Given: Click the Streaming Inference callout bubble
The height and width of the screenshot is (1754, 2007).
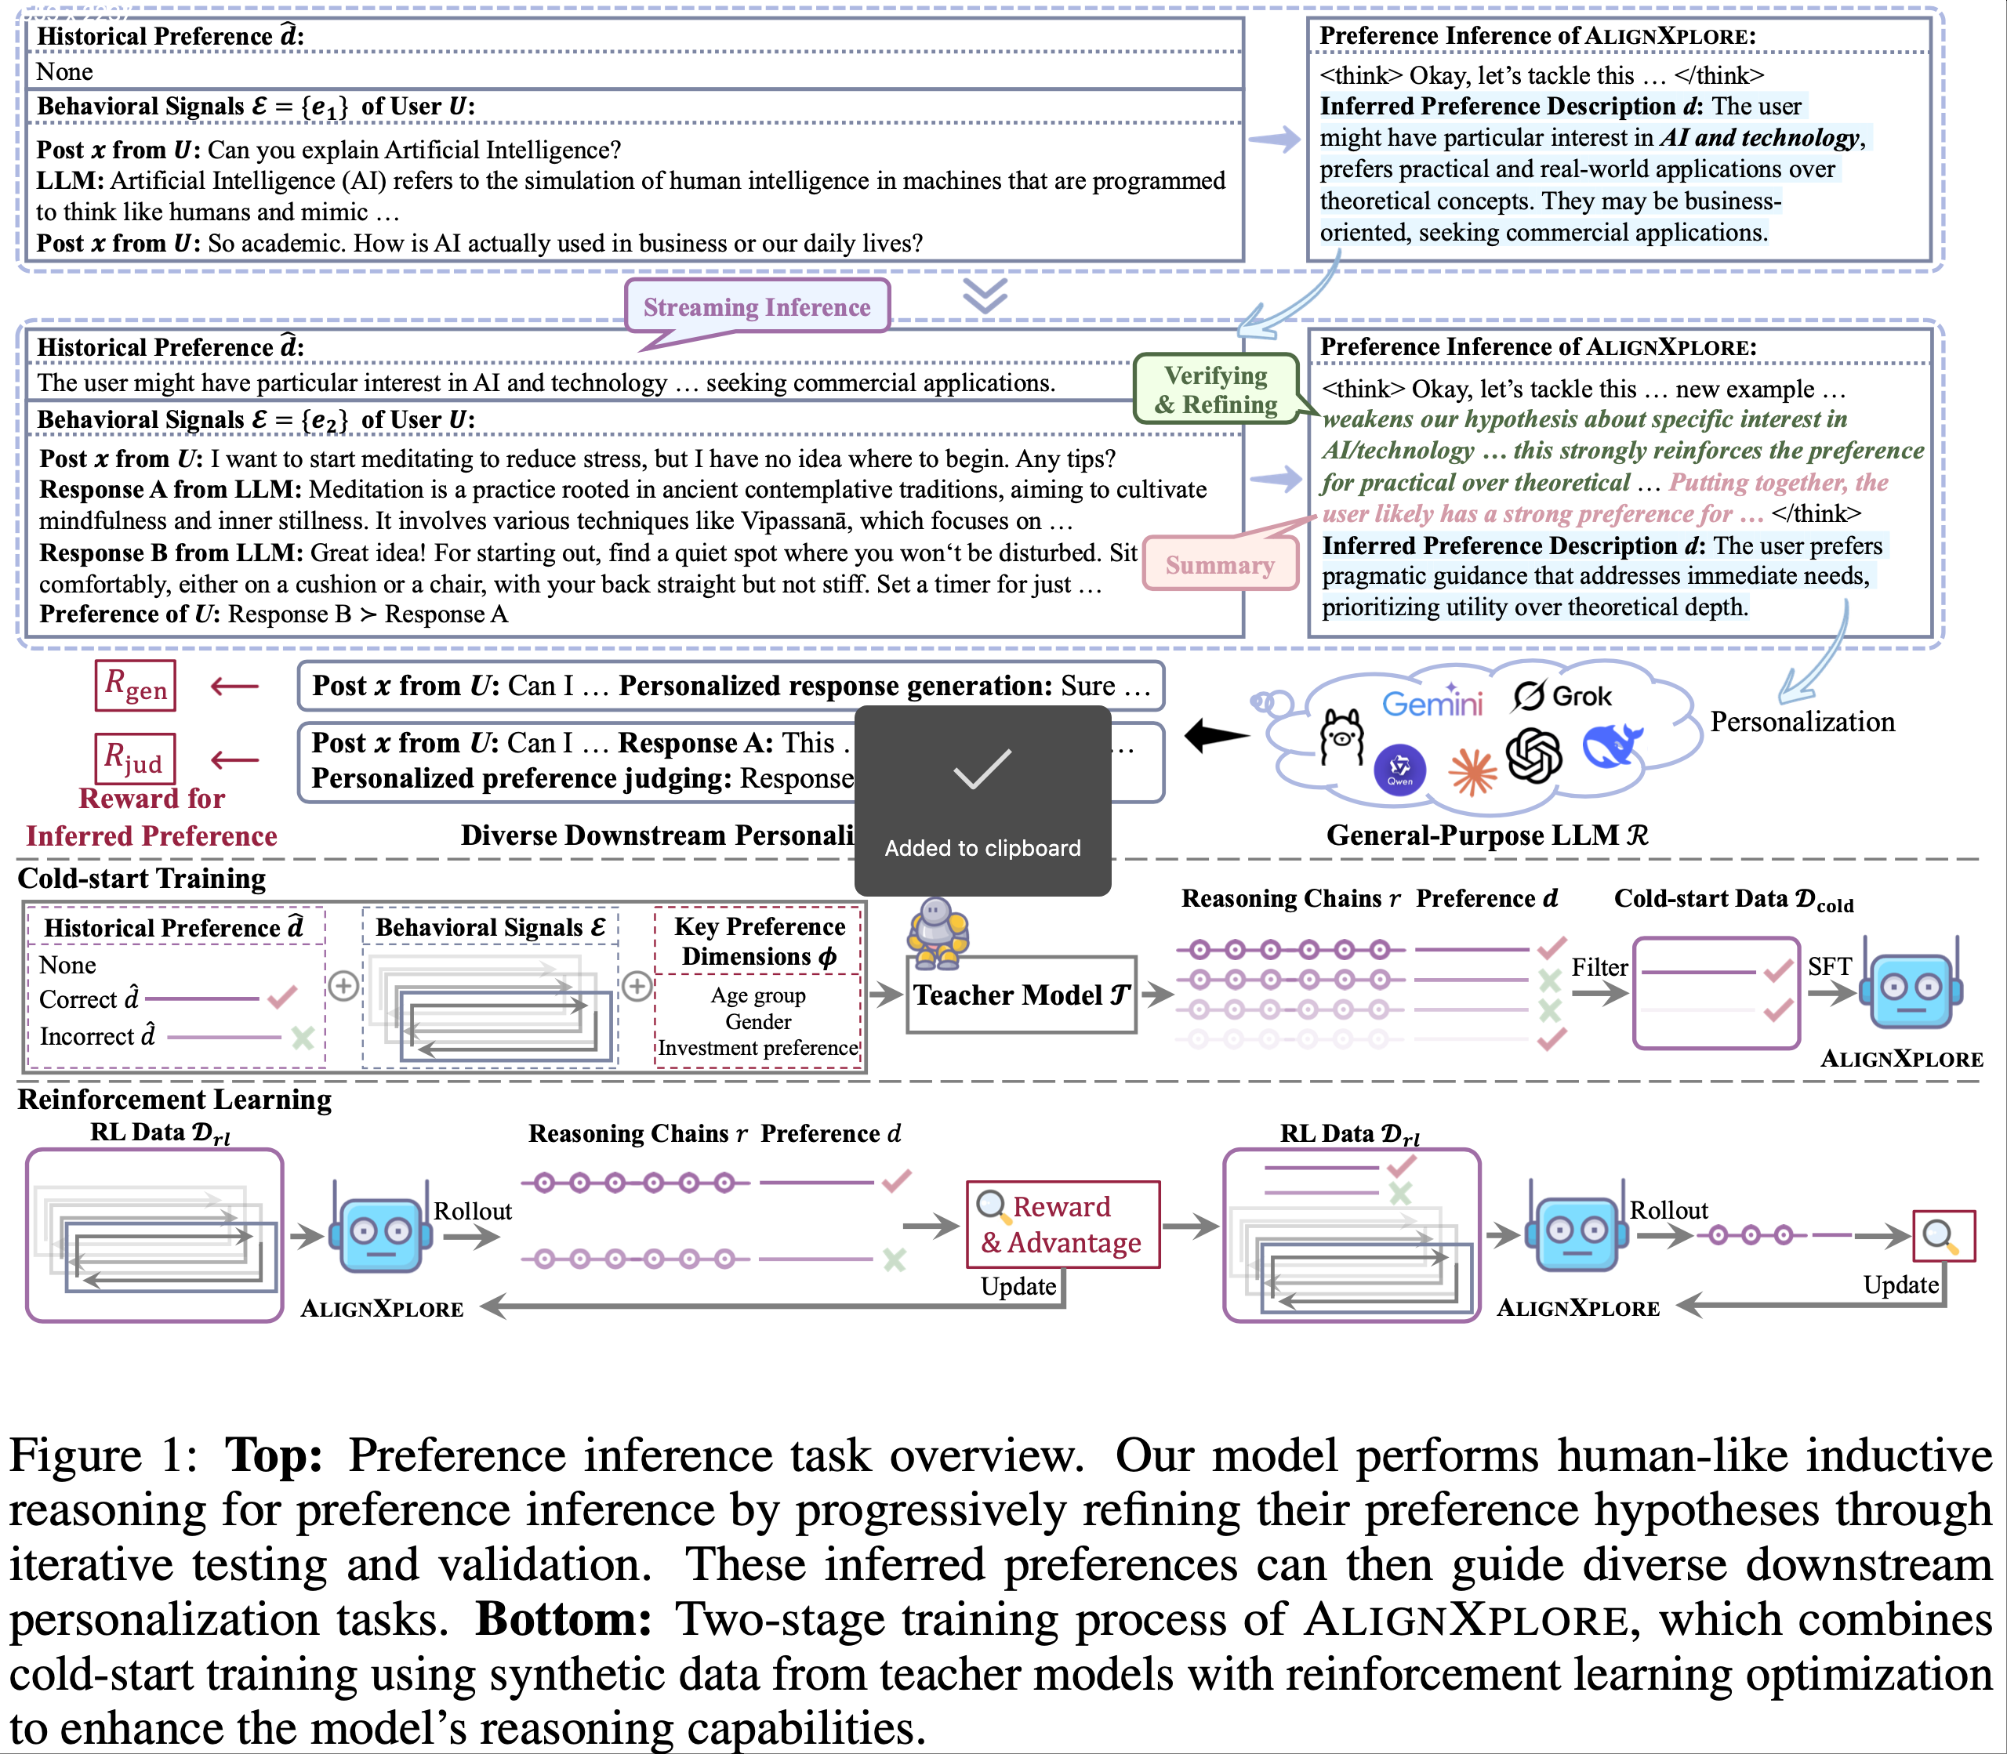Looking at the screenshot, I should tap(757, 306).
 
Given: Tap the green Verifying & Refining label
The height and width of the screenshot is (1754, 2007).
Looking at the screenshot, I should tap(1216, 390).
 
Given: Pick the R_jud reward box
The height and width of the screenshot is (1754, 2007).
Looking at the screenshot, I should tap(135, 759).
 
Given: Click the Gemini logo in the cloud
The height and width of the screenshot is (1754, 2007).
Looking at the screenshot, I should tap(1432, 701).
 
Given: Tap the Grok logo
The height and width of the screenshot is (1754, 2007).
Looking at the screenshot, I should tap(1562, 696).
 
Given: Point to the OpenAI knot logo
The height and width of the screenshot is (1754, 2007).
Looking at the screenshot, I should tap(1533, 755).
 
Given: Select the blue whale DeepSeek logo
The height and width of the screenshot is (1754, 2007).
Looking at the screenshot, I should tap(1611, 747).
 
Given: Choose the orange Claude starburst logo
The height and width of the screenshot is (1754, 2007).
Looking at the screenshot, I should tap(1472, 771).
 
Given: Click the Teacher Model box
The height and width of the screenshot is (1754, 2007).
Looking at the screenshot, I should tap(1021, 995).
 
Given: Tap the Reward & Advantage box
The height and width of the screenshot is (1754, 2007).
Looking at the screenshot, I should tap(1062, 1224).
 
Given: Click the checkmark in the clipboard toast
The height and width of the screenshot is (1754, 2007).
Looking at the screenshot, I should tap(982, 770).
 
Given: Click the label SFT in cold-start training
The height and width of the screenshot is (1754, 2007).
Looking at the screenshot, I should tap(1829, 966).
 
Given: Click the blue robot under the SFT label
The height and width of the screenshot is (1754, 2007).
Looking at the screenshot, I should tap(1913, 988).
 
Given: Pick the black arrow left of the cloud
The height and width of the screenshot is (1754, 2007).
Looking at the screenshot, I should tap(1217, 736).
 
